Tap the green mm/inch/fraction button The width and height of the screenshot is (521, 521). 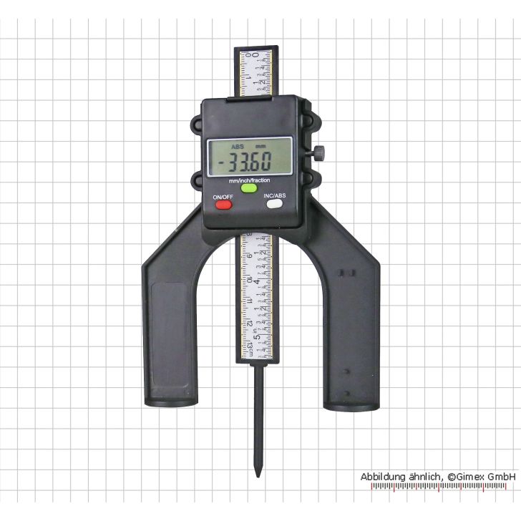point(248,190)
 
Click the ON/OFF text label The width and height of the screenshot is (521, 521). point(222,195)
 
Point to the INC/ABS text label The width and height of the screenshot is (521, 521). point(276,195)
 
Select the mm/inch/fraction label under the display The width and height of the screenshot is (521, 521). point(249,180)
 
